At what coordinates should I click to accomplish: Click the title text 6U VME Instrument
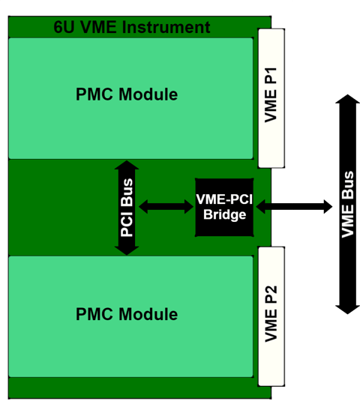click(132, 28)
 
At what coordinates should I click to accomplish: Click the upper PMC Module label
click(127, 94)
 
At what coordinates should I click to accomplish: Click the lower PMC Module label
click(127, 314)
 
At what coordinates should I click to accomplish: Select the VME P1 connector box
click(271, 97)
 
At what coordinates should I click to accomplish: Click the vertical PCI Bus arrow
click(127, 208)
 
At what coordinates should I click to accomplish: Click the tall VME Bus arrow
click(346, 204)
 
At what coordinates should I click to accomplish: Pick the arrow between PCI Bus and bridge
click(166, 206)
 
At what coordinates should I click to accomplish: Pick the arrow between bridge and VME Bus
click(294, 206)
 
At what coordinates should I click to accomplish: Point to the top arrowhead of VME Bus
click(346, 103)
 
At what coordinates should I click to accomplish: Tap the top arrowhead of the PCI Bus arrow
click(127, 166)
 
